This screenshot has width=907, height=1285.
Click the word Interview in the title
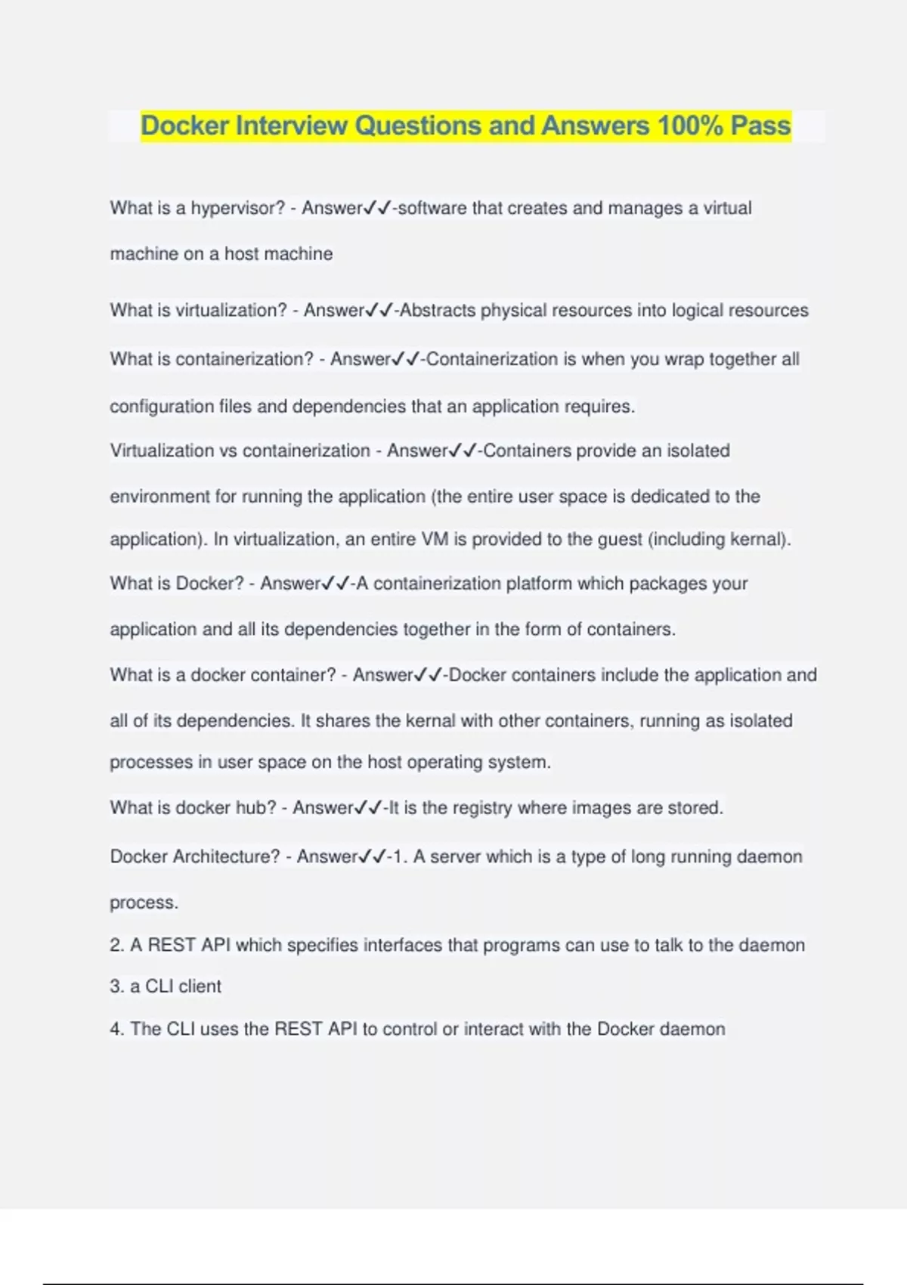tap(291, 125)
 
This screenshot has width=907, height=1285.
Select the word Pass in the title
tap(760, 125)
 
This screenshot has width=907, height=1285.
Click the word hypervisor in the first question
tap(237, 208)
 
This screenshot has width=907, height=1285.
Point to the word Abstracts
tap(438, 311)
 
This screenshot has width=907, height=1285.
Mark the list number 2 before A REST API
tap(116, 945)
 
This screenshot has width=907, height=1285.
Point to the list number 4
tap(116, 1029)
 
